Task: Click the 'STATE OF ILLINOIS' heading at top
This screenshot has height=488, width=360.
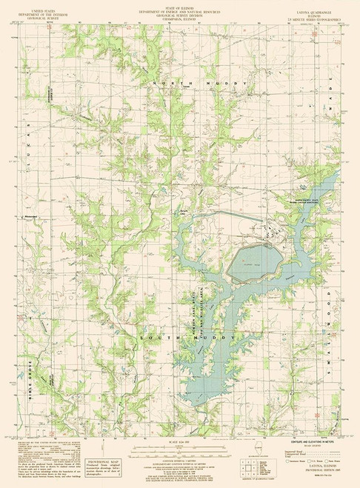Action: pos(181,4)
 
